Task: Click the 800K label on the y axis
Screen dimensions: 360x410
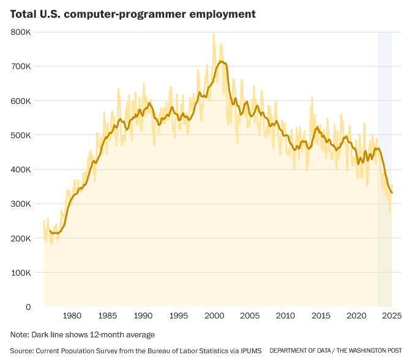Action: click(x=21, y=32)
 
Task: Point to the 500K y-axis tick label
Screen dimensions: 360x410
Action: click(x=21, y=135)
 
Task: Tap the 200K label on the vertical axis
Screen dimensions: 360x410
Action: click(x=21, y=238)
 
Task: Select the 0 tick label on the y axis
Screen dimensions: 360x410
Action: click(x=29, y=307)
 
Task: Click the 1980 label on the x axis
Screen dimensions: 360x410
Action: click(x=72, y=316)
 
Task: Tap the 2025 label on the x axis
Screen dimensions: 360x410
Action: click(x=390, y=316)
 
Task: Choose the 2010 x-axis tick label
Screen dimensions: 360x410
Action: click(x=285, y=316)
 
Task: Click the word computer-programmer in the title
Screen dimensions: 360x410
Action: click(x=122, y=13)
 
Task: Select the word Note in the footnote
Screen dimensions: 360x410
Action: click(x=20, y=335)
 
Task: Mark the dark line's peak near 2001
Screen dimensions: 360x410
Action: click(x=220, y=61)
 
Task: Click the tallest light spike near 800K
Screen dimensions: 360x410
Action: click(x=214, y=34)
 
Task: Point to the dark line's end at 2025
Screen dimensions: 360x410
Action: click(x=392, y=193)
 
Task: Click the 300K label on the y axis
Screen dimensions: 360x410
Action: click(x=21, y=204)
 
